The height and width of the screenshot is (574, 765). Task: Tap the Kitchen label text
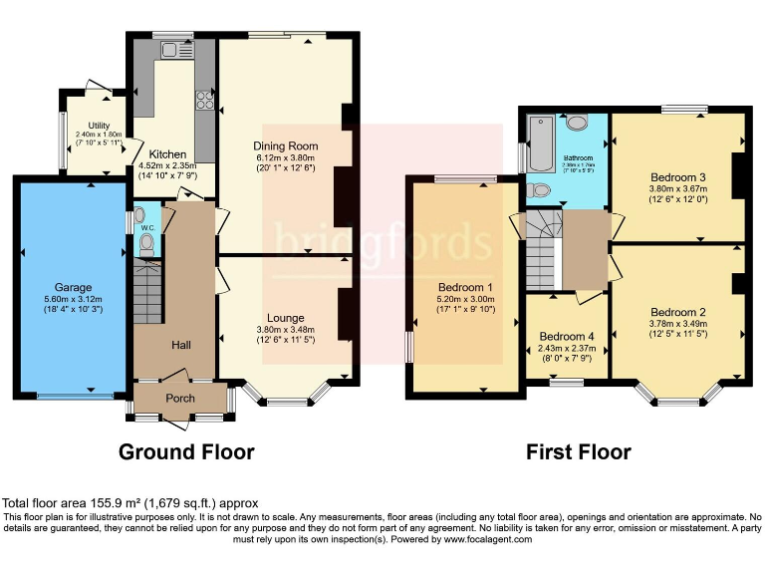(168, 154)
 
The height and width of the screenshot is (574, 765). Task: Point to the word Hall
(180, 345)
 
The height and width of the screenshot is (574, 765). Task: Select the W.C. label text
(147, 228)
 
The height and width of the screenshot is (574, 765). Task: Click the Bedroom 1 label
(465, 288)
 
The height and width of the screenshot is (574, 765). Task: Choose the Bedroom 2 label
(677, 282)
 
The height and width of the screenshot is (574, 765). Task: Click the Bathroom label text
(578, 157)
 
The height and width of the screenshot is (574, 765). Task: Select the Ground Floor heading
(186, 451)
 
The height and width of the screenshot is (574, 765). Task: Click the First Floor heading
(579, 452)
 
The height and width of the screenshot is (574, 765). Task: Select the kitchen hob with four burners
(205, 99)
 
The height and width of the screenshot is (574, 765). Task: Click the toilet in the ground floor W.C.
(146, 241)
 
